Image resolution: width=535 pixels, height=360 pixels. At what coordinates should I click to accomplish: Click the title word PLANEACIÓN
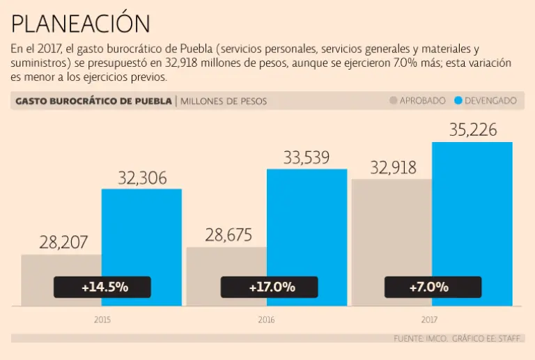point(81,24)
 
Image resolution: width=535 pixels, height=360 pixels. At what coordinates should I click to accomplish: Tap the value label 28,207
point(63,242)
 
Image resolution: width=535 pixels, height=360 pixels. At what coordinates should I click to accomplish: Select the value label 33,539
point(307,157)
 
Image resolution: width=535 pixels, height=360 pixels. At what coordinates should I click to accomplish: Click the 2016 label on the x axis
point(266,320)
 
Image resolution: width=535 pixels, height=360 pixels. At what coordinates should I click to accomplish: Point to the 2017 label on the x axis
point(430,320)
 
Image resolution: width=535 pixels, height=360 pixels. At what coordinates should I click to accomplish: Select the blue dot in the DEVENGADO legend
point(458,101)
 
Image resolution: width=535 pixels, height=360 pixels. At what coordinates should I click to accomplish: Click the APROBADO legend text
point(422,101)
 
